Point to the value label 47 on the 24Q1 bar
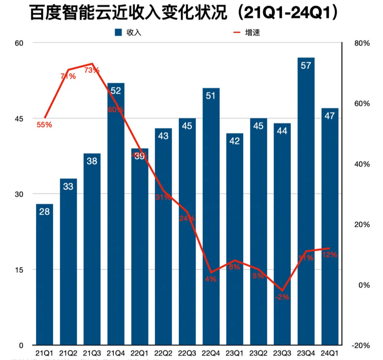[x=329, y=115]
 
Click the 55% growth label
[x=44, y=125]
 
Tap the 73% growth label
[x=92, y=70]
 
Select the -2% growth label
[x=282, y=297]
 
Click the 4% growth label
[x=211, y=279]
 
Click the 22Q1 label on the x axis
[x=139, y=352]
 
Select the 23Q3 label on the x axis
[x=282, y=352]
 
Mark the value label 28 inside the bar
[x=44, y=212]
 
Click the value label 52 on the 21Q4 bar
[x=116, y=91]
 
